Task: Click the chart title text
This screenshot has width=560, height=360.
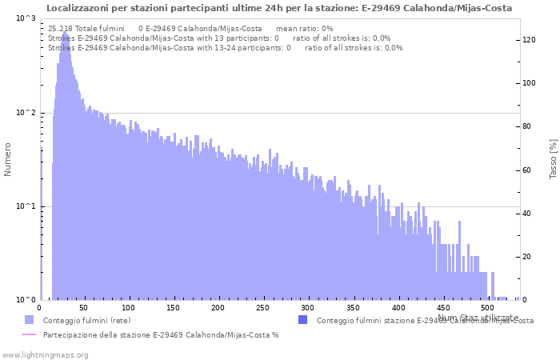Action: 279,8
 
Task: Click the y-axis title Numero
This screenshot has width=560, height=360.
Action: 8,159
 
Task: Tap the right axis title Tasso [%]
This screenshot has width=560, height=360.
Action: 553,159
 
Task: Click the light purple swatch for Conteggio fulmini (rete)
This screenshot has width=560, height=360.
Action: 30,320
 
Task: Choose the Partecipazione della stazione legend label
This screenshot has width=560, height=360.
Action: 161,334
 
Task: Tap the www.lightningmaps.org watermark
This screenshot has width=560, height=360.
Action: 45,354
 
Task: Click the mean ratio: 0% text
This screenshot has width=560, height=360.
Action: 304,28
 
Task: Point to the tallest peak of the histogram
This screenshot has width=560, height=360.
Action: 64,34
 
